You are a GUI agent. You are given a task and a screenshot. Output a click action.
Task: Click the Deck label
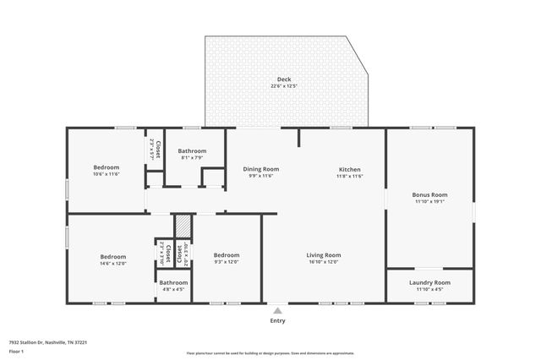(x=285, y=79)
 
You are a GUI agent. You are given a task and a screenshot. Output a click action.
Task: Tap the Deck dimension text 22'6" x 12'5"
(x=285, y=86)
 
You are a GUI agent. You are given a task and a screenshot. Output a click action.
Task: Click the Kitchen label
(x=350, y=169)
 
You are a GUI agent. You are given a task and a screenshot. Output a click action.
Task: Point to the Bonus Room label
(x=429, y=195)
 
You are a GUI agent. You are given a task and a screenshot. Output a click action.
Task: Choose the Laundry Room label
(x=429, y=282)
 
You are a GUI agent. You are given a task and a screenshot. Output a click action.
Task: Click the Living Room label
(x=323, y=255)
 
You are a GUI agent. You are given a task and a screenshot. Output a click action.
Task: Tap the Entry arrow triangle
(x=277, y=311)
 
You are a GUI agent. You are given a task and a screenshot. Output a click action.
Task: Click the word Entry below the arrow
(x=277, y=320)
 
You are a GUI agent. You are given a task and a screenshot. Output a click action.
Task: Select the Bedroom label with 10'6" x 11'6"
(x=107, y=167)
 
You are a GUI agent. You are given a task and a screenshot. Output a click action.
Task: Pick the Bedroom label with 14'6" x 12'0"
(x=112, y=257)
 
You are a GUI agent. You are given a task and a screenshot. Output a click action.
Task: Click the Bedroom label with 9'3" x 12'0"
(x=226, y=255)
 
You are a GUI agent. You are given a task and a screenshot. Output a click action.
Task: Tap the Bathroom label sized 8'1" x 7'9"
(x=192, y=151)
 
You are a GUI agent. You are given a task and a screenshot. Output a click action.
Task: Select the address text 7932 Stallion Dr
(x=42, y=342)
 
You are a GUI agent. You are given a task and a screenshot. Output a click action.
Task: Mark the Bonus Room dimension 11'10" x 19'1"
(x=429, y=202)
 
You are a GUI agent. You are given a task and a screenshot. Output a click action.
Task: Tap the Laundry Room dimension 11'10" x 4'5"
(x=429, y=289)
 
